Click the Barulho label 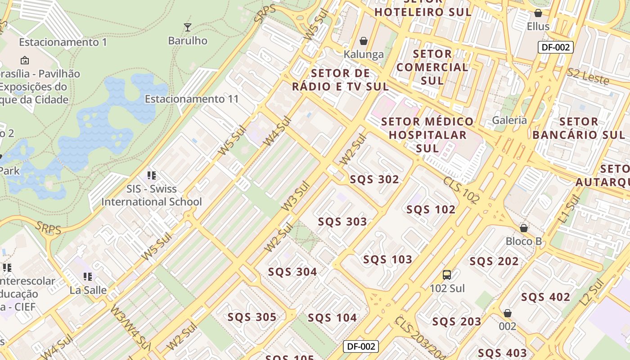click(x=188, y=40)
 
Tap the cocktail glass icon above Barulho click(x=188, y=27)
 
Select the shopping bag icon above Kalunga click(x=364, y=41)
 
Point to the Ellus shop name click(x=538, y=26)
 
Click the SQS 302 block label click(x=374, y=180)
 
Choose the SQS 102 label click(x=431, y=209)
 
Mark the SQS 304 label click(x=292, y=272)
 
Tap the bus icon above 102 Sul click(x=447, y=275)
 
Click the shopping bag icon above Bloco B click(x=523, y=228)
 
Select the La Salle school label click(x=88, y=290)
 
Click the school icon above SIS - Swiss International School click(x=152, y=175)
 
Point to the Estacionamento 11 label click(x=192, y=99)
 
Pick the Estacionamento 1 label click(x=63, y=42)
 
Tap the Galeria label click(x=509, y=120)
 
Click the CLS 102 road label click(x=462, y=190)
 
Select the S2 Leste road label click(x=588, y=76)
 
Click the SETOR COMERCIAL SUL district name click(x=432, y=67)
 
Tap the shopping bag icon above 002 click(x=508, y=313)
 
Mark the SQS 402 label click(x=545, y=297)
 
